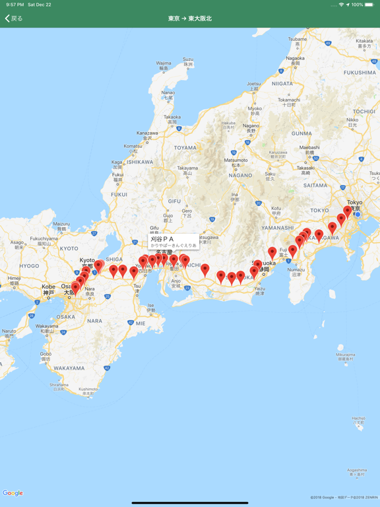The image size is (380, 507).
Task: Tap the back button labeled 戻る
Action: pyautogui.click(x=14, y=18)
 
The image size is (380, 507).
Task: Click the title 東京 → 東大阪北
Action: pyautogui.click(x=190, y=18)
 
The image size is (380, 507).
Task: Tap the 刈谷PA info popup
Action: pyautogui.click(x=173, y=242)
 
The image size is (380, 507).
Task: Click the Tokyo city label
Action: pyautogui.click(x=355, y=203)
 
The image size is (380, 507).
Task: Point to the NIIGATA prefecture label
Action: pyautogui.click(x=282, y=84)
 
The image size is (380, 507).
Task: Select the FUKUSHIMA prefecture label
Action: pyautogui.click(x=360, y=73)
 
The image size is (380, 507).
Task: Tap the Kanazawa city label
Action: pyautogui.click(x=147, y=133)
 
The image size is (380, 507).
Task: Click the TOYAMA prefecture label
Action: pyautogui.click(x=185, y=148)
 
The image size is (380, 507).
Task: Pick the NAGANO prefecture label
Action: pyautogui.click(x=240, y=176)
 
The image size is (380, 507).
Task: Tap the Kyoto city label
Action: pyautogui.click(x=87, y=260)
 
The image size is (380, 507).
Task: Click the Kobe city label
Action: pyautogui.click(x=48, y=287)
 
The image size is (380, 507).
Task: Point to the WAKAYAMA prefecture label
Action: pyautogui.click(x=69, y=368)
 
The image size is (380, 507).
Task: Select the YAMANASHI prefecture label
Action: pyautogui.click(x=277, y=228)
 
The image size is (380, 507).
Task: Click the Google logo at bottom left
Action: pyautogui.click(x=13, y=493)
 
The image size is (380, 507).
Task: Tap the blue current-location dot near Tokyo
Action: pyautogui.click(x=358, y=214)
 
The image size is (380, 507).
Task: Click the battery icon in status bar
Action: pyautogui.click(x=369, y=5)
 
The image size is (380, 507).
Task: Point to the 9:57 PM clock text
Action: pyautogui.click(x=15, y=5)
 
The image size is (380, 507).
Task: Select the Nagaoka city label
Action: pyautogui.click(x=296, y=57)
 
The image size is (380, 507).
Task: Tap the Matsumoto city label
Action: pyautogui.click(x=236, y=160)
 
